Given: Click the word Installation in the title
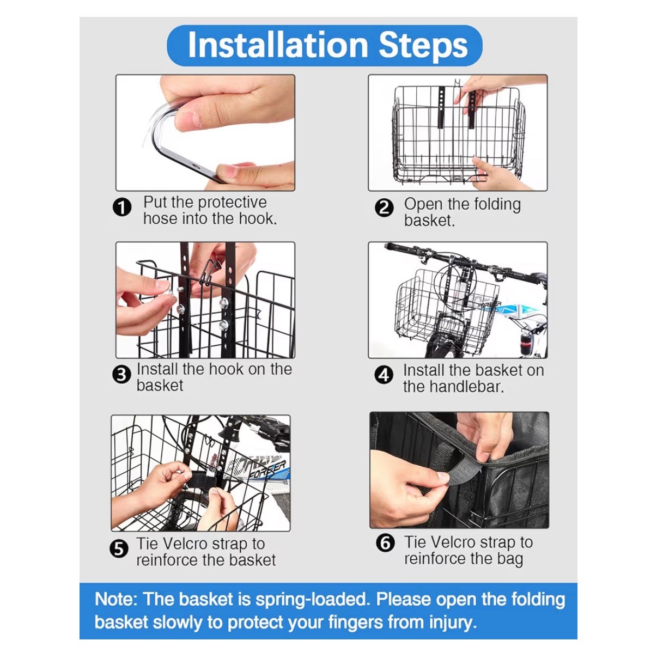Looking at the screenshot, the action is pos(278,45).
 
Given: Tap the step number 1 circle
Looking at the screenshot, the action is pos(122,208).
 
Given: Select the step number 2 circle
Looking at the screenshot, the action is pos(384,208).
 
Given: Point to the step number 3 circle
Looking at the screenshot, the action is pos(121,375).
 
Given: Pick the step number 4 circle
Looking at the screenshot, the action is pos(384,375).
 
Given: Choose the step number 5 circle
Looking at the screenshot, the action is pos(119,548).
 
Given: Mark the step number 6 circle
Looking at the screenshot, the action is pos(385,543).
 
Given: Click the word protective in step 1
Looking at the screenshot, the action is pos(233,203).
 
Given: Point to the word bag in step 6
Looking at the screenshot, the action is pos(510,559).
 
